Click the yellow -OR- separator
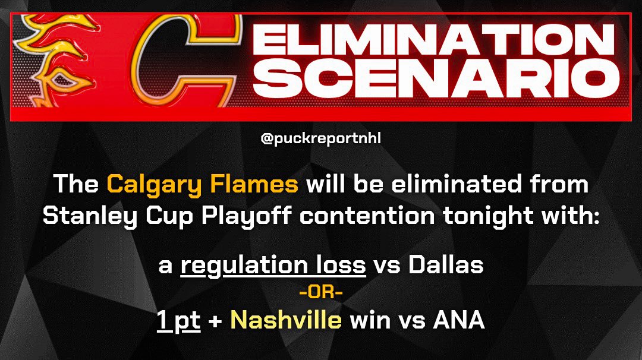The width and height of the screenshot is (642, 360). click(x=321, y=293)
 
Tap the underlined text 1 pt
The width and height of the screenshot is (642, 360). click(x=178, y=320)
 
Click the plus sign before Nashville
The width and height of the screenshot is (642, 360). click(x=216, y=321)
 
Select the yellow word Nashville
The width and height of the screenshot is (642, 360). click(x=286, y=320)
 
